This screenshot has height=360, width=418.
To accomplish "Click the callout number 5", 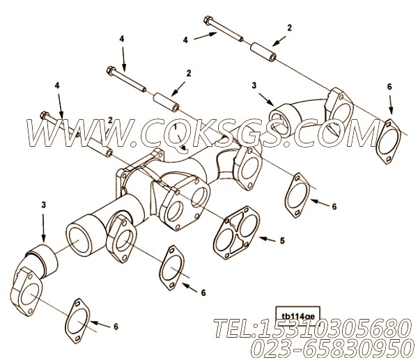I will coord(281,242).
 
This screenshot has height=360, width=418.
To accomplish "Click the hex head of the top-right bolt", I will coord(208,19).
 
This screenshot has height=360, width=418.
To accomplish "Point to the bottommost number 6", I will coord(116,327).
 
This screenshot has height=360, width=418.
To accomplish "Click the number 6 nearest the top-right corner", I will coord(389,86).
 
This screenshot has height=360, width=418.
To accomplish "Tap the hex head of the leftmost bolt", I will coord(45,116).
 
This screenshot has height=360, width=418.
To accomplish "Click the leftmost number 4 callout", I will coord(58,86).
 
